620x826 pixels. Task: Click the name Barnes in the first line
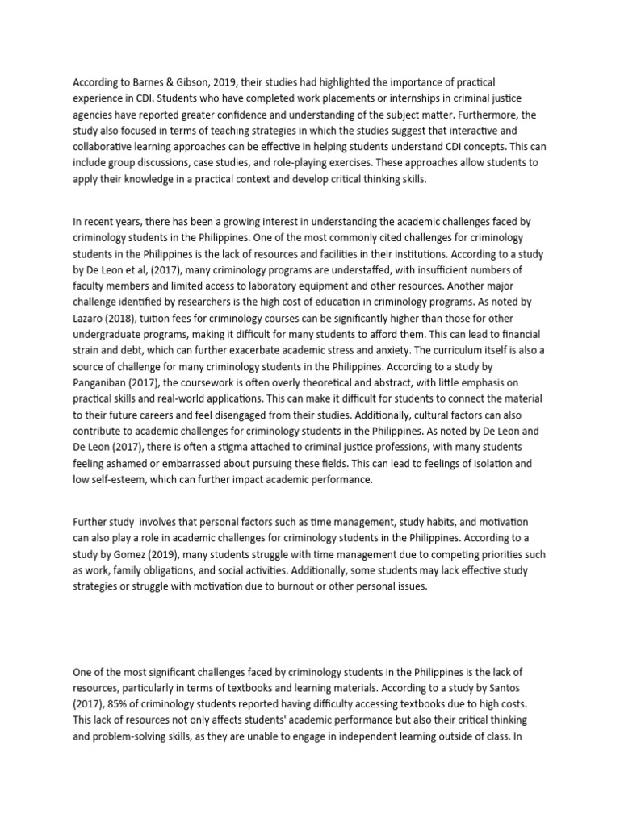pyautogui.click(x=150, y=82)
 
